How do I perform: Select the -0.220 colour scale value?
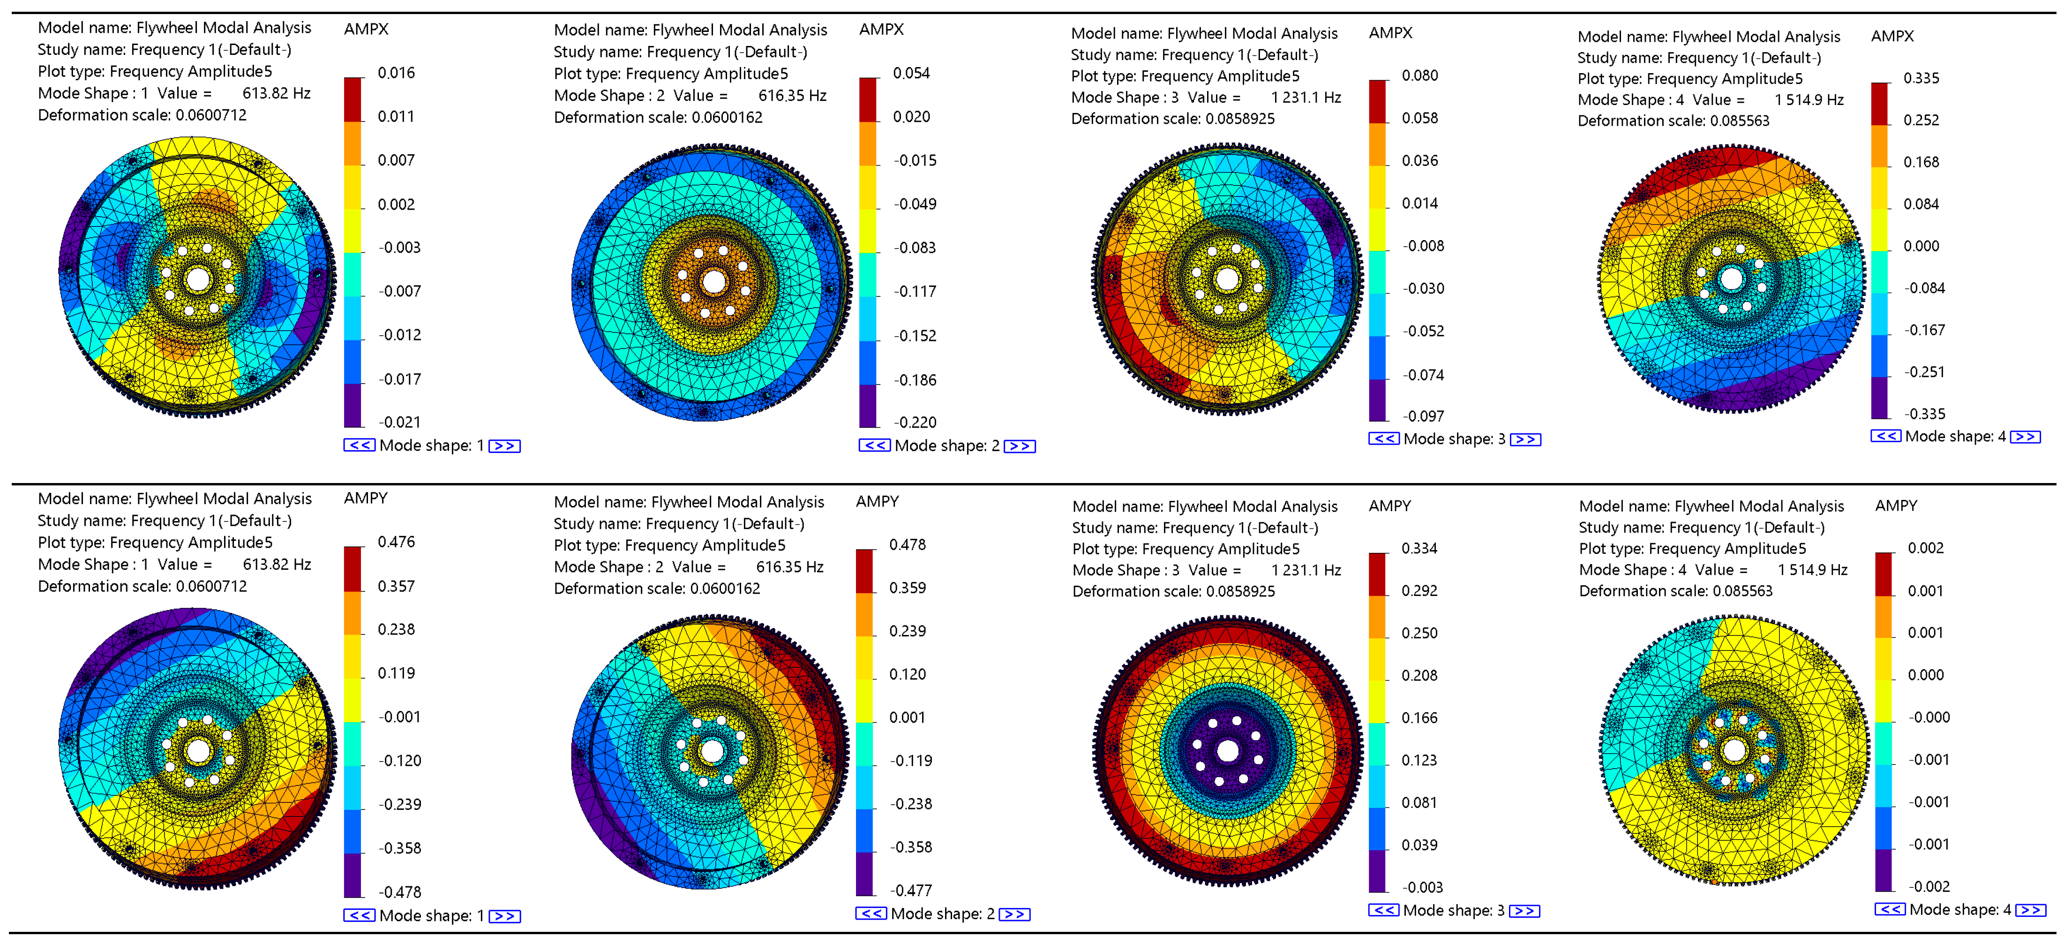tap(915, 423)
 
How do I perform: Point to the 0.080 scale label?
tap(1420, 76)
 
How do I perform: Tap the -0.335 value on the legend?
tap(1925, 414)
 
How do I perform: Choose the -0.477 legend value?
tap(910, 890)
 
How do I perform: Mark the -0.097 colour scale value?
tap(1423, 416)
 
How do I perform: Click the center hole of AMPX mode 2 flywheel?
tap(713, 282)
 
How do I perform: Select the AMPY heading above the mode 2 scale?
tap(878, 502)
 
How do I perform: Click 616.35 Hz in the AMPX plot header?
tap(792, 95)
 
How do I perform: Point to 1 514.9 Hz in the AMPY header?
tap(1812, 570)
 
